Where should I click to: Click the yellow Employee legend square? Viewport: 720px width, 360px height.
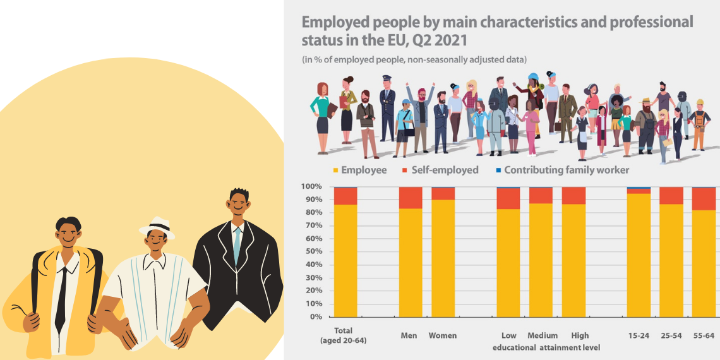(x=335, y=171)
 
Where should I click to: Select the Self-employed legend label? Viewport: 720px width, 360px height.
(x=445, y=170)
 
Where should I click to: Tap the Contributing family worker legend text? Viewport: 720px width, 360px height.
(x=567, y=170)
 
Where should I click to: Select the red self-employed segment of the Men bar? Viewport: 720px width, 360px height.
(x=411, y=198)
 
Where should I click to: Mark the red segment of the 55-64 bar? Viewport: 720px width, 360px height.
(x=704, y=198)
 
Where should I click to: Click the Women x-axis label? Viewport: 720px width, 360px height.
(x=443, y=335)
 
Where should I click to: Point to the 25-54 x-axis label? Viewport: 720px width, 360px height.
(x=671, y=335)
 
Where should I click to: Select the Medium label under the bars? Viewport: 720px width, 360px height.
(x=543, y=335)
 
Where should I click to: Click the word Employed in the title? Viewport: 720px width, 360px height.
(x=337, y=23)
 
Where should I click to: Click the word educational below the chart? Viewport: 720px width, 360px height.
(x=514, y=347)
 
